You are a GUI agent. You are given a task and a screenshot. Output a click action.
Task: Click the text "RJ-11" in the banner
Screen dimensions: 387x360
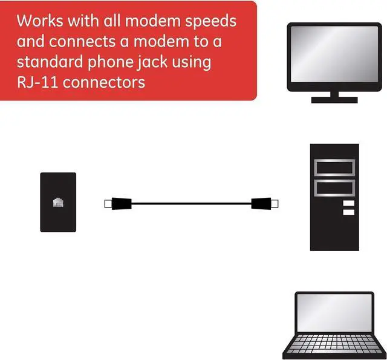37,82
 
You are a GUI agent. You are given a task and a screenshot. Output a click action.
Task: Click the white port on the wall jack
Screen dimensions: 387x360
59,201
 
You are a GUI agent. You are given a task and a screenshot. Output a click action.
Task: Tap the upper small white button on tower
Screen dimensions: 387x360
348,203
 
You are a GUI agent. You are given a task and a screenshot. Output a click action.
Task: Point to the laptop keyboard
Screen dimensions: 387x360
334,345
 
